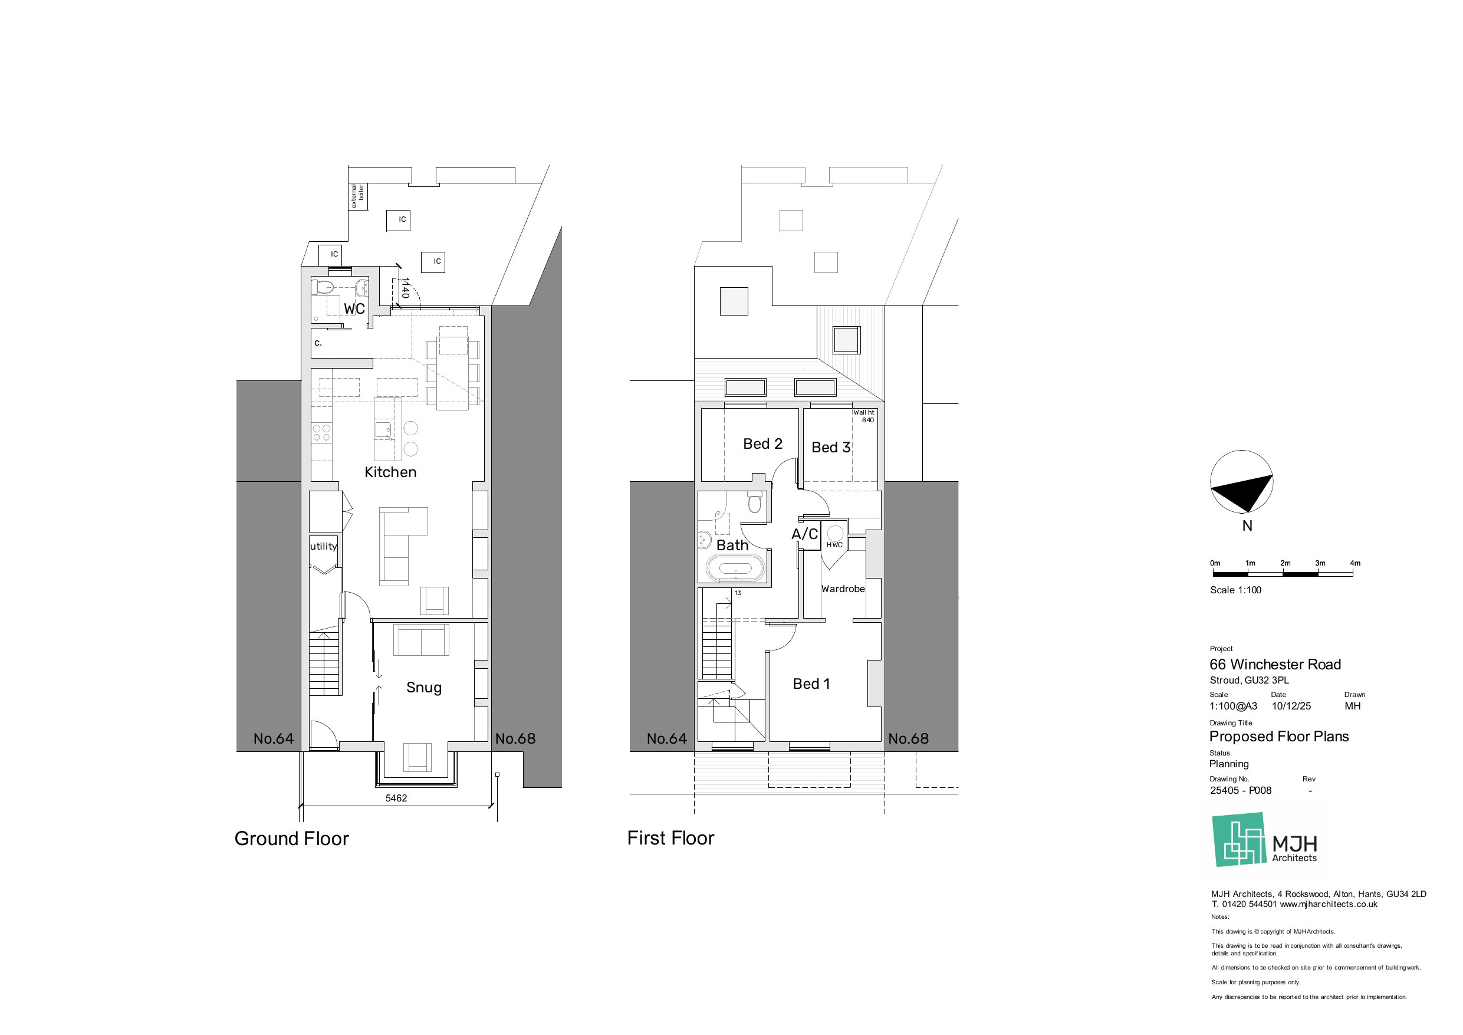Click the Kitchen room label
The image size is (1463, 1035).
click(390, 472)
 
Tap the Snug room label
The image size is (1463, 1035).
click(424, 687)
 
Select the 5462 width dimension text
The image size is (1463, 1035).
click(396, 798)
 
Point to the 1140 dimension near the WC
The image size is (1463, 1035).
click(405, 288)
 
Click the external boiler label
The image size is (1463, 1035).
click(357, 196)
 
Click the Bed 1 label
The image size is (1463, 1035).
click(811, 684)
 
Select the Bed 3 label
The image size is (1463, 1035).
click(830, 448)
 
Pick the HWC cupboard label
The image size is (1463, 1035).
click(834, 545)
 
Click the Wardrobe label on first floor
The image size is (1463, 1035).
click(843, 589)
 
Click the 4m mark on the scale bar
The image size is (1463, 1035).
click(1354, 563)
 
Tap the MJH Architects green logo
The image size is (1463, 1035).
click(1239, 839)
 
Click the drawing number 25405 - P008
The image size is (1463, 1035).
click(1240, 790)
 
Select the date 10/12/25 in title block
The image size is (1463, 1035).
click(1291, 706)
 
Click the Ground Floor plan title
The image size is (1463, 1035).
click(291, 838)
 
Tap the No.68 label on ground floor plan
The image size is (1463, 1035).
click(515, 738)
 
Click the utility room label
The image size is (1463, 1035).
click(323, 546)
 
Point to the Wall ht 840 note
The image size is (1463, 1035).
click(864, 416)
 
